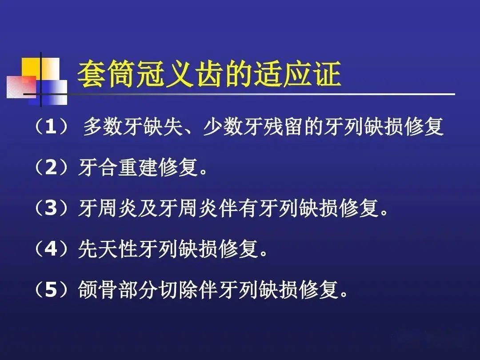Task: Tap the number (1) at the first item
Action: click(x=51, y=126)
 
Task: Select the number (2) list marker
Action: click(x=51, y=167)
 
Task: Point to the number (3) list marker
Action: click(x=51, y=208)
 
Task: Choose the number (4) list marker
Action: click(x=51, y=248)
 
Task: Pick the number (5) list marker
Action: click(x=51, y=289)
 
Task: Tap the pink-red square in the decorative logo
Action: click(x=21, y=86)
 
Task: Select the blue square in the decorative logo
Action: click(x=48, y=92)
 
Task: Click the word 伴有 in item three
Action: click(x=238, y=208)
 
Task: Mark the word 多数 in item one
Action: click(x=103, y=127)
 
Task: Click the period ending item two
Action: click(x=203, y=172)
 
